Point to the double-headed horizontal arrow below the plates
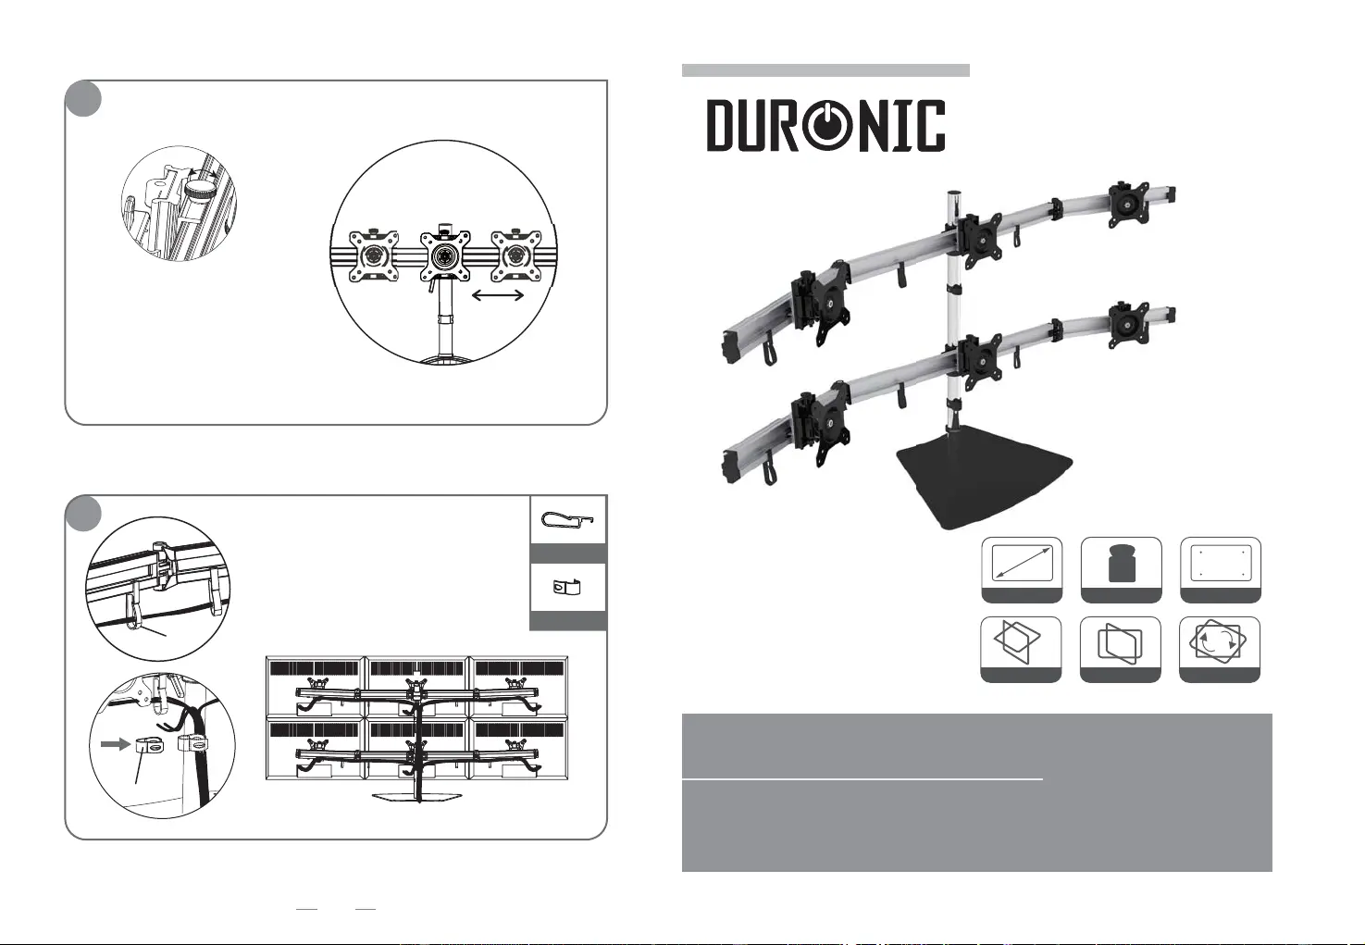click(x=498, y=295)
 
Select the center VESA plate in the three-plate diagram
click(x=445, y=256)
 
